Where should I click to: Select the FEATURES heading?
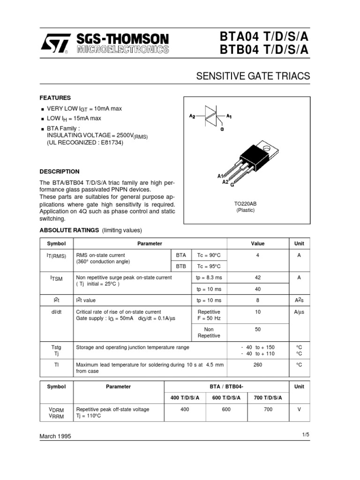tap(55, 98)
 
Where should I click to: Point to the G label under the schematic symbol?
tap(222, 129)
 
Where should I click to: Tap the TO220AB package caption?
tap(245, 204)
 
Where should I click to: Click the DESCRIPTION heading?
tap(59, 172)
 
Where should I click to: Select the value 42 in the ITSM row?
tap(257, 277)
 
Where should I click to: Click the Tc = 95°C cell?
tap(209, 266)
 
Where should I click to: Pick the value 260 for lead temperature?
tap(257, 364)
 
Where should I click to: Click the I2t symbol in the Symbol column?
tap(56, 300)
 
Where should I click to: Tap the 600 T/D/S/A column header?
tap(226, 397)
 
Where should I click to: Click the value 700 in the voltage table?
tap(268, 409)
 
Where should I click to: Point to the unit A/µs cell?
tap(299, 312)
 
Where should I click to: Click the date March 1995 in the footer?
tap(55, 436)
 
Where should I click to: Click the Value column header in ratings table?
tap(257, 243)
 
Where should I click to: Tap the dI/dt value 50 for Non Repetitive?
tap(257, 330)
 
